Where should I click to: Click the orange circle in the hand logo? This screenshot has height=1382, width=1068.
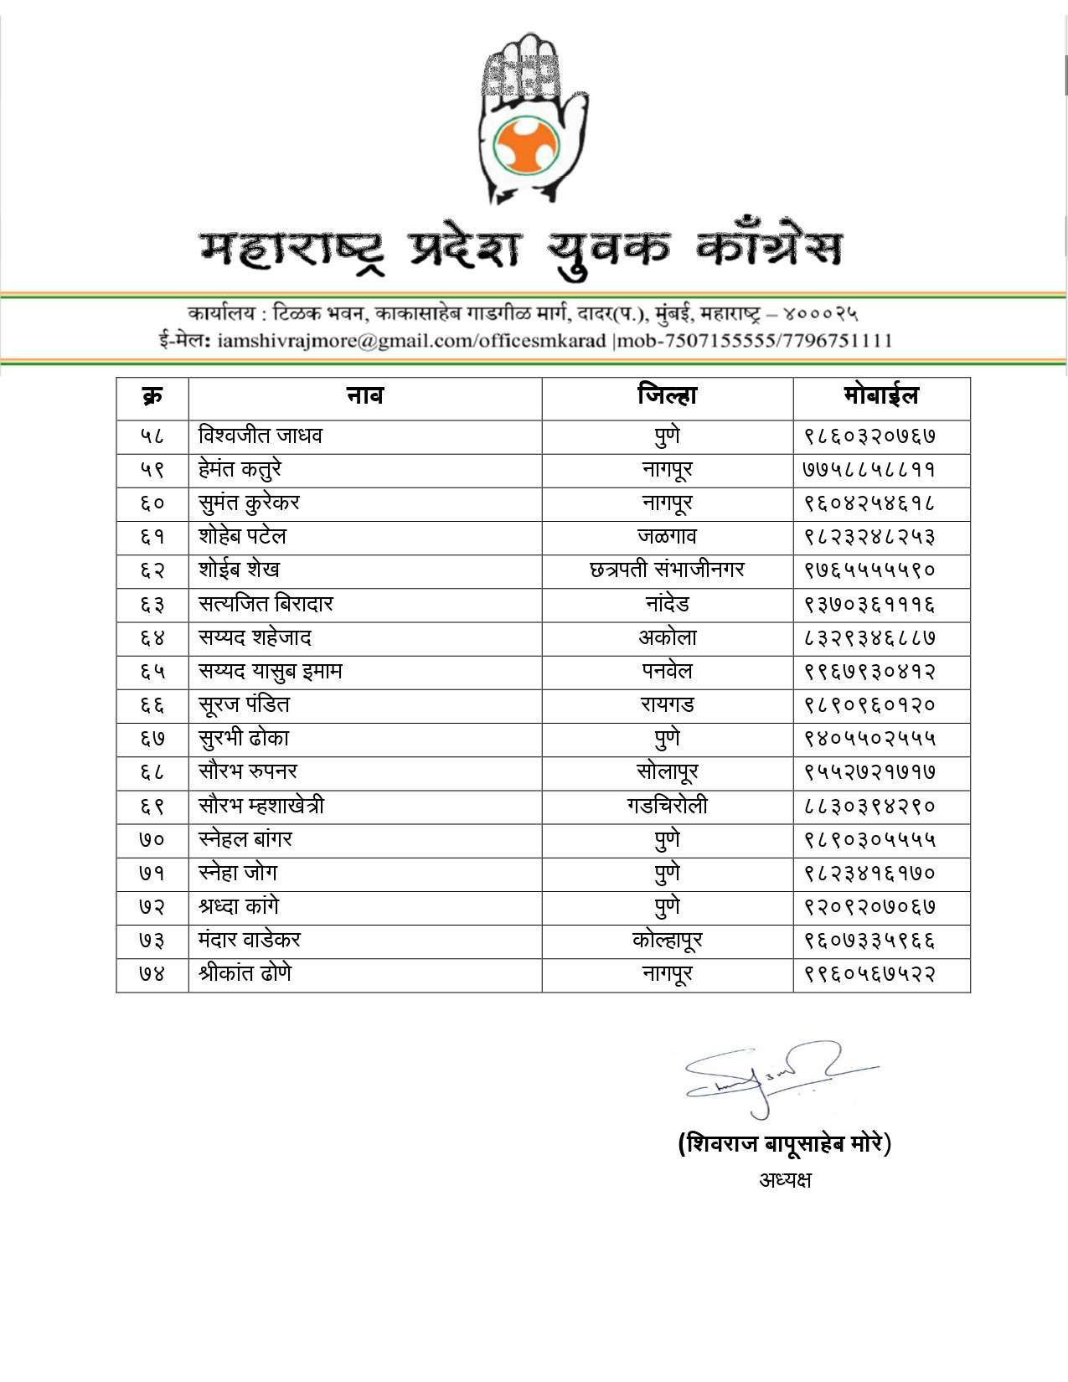tap(525, 146)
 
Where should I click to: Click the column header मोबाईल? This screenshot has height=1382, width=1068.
tap(881, 396)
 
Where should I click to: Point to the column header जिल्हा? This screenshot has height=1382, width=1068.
tap(667, 396)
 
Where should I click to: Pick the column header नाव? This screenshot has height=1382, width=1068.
tap(365, 396)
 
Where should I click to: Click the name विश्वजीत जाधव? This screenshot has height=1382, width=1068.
tap(261, 436)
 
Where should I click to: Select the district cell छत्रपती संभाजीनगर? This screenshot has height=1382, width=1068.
tap(667, 570)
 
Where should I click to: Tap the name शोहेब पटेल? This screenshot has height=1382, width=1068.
tap(242, 537)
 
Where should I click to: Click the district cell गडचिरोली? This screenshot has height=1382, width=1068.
tap(667, 806)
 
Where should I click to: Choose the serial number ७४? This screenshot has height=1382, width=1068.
tap(152, 974)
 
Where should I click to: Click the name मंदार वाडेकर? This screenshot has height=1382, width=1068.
tap(250, 941)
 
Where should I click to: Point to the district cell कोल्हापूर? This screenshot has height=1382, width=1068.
tap(667, 941)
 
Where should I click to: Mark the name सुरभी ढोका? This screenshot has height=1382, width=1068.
tap(244, 739)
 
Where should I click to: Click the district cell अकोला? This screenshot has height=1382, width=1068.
tap(667, 638)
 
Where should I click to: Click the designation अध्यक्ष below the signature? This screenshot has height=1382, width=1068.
tap(785, 1180)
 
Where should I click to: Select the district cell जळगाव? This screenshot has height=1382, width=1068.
tap(667, 537)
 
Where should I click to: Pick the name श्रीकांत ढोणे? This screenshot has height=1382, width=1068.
tap(245, 974)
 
